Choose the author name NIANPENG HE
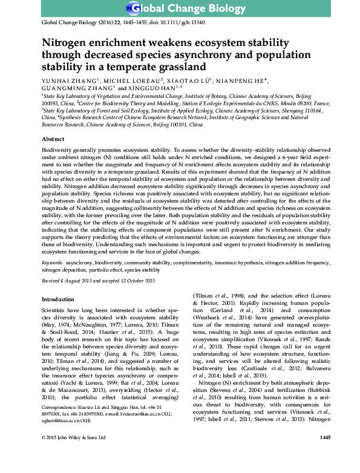[243, 79]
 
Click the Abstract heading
[53, 139]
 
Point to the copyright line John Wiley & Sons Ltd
[83, 454]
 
